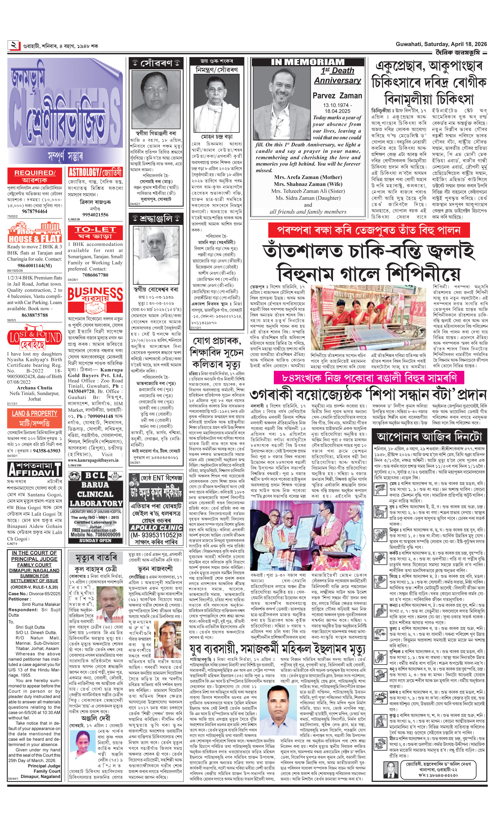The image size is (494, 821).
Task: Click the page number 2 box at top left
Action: (x=14, y=45)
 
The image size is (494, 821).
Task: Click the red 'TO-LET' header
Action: (x=95, y=232)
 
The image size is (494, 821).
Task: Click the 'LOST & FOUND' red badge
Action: (x=35, y=340)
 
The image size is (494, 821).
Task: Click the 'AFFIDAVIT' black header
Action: (x=35, y=469)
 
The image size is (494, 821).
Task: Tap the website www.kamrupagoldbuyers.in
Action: (x=93, y=460)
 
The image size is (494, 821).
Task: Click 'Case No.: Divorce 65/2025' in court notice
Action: (x=34, y=593)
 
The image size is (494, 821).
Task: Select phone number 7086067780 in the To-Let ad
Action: (x=95, y=275)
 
